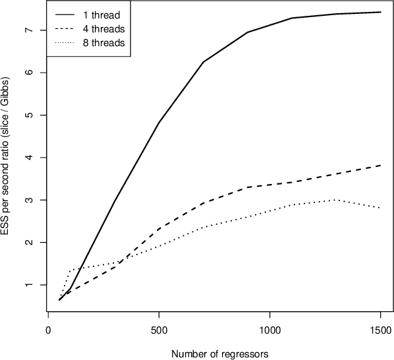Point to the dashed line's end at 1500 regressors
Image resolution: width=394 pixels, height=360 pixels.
(380, 165)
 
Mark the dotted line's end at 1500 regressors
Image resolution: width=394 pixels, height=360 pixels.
(380, 208)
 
